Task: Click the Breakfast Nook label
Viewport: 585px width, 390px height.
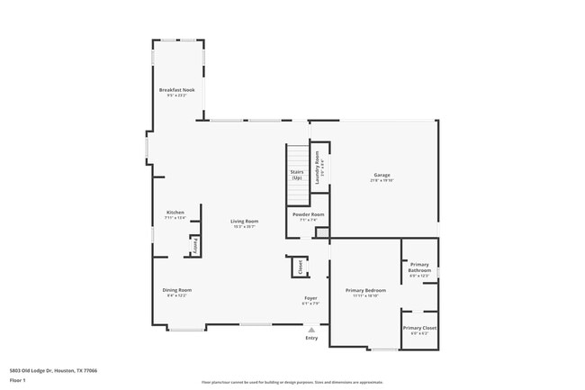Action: click(176, 91)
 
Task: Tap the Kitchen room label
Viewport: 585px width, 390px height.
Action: click(175, 213)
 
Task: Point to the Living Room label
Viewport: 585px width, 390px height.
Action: click(244, 222)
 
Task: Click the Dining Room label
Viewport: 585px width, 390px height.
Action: click(176, 290)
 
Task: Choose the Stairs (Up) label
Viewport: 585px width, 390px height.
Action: click(296, 174)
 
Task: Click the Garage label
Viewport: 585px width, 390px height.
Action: click(382, 175)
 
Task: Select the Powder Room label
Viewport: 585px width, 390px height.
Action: click(306, 214)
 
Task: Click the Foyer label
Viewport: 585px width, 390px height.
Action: click(310, 298)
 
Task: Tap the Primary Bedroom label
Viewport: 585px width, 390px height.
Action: click(365, 291)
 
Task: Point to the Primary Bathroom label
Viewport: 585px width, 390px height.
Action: click(419, 268)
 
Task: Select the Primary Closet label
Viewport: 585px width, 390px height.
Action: click(419, 329)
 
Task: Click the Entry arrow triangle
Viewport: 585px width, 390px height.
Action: click(311, 331)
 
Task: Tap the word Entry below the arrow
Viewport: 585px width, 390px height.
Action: click(311, 339)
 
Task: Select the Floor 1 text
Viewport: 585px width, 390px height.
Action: click(17, 381)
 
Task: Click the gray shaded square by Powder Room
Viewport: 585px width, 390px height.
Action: click(321, 234)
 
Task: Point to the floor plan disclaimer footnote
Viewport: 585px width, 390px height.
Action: click(292, 382)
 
